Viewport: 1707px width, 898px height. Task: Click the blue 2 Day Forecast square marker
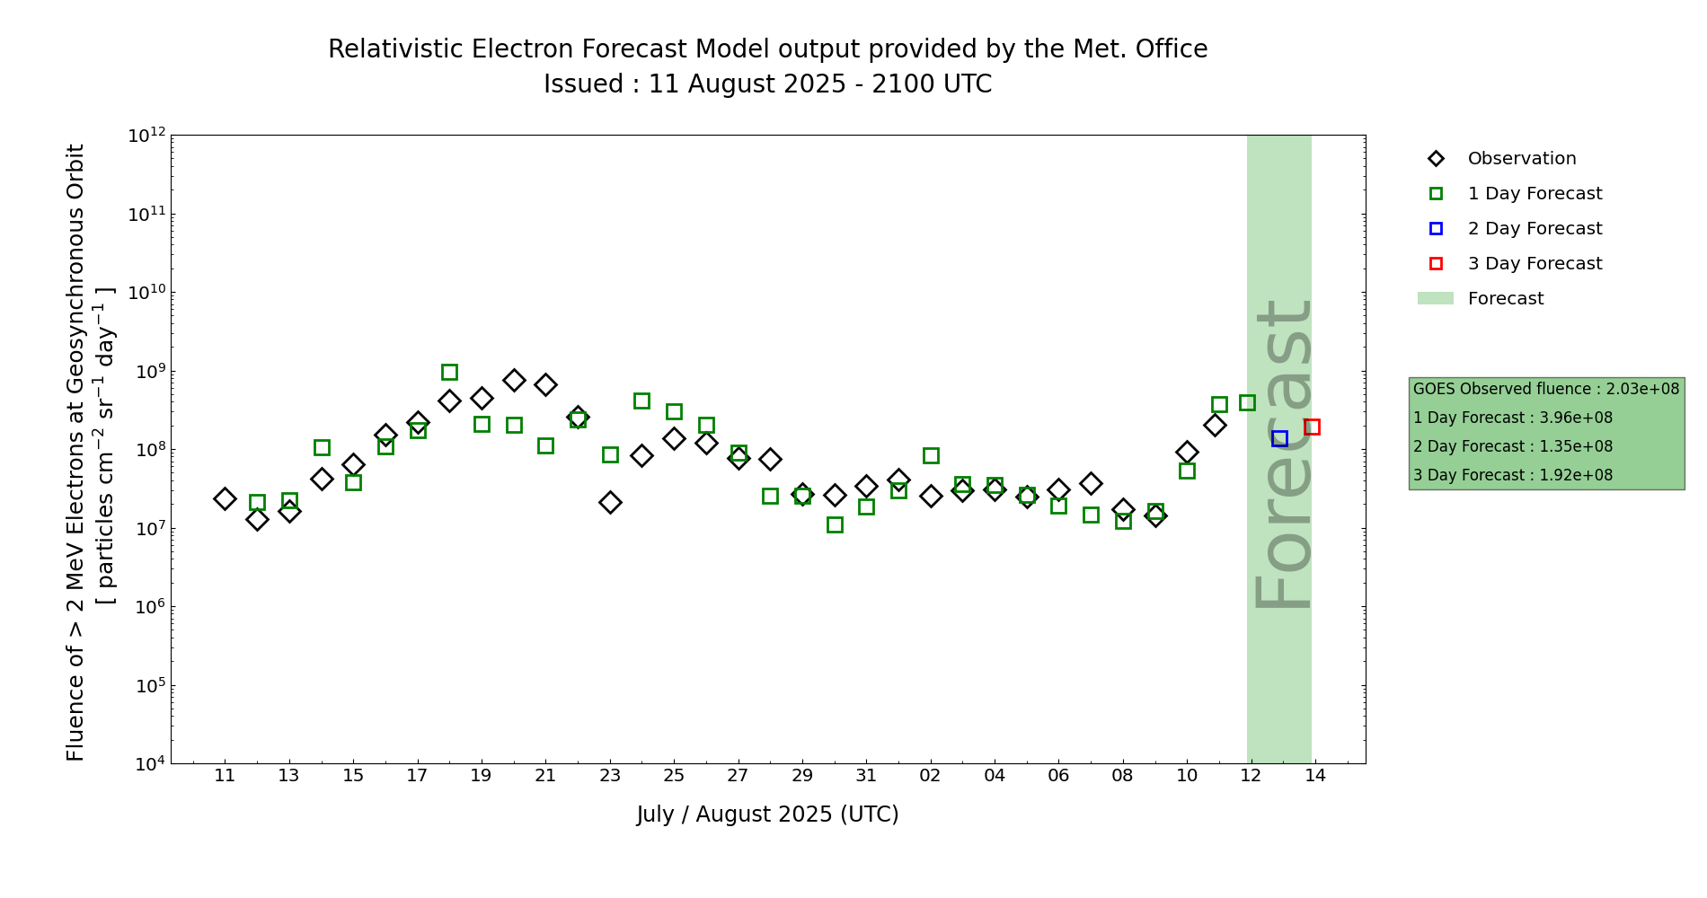pos(1279,438)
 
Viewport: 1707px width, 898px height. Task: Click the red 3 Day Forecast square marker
pos(1312,427)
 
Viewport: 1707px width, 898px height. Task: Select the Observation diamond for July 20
pos(514,380)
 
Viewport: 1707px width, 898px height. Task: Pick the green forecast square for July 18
pos(449,372)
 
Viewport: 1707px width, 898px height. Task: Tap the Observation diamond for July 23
pos(610,502)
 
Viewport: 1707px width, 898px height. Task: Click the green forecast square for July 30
pos(835,524)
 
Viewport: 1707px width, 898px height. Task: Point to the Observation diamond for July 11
pos(225,498)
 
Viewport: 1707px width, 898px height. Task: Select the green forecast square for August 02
pos(931,455)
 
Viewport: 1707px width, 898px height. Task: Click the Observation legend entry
pos(1521,159)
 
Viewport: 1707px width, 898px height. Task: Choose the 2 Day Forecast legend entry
pos(1534,229)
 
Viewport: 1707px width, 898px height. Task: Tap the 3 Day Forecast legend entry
pos(1534,264)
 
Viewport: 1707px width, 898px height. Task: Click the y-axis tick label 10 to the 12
pos(147,136)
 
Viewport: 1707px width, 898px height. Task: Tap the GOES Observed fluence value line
pos(1545,389)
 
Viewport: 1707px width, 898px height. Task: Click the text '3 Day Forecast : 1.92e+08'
pos(1513,475)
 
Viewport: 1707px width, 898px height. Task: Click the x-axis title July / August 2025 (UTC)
pos(767,814)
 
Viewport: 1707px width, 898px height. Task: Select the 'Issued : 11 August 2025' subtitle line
pos(767,84)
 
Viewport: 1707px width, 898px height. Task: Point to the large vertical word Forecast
pos(1282,454)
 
